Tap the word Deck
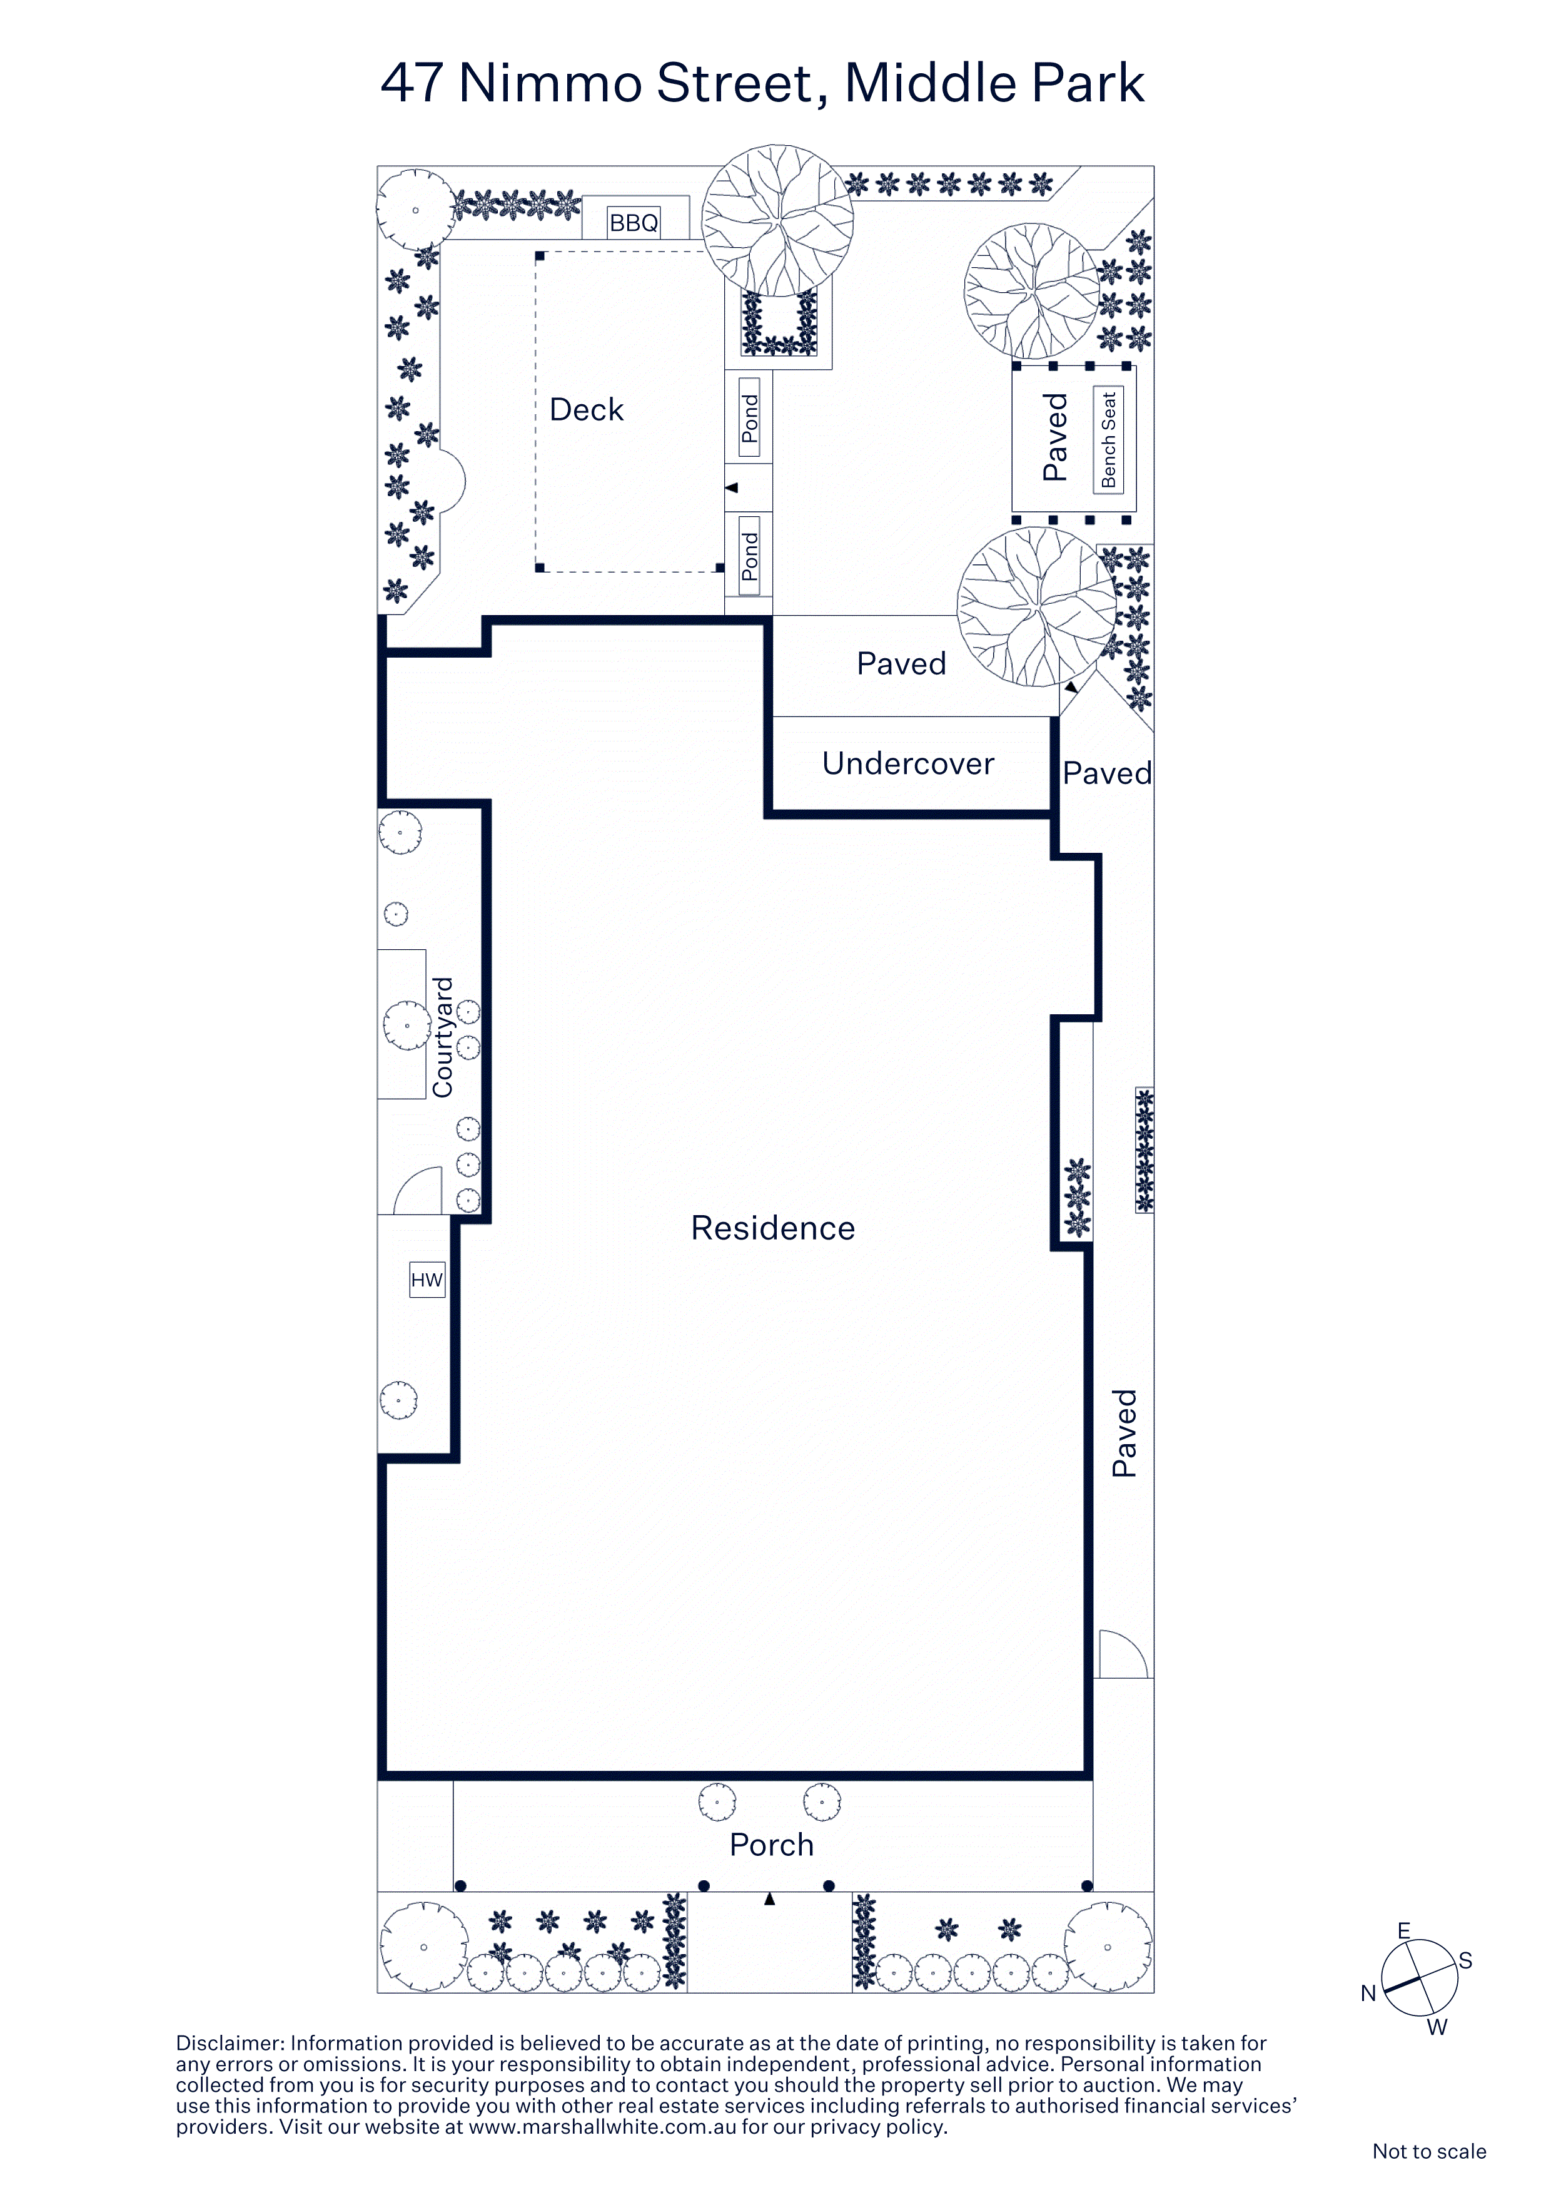[586, 410]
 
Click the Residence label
[773, 1228]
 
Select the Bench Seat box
[1109, 440]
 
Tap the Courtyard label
[442, 1037]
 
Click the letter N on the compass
[1368, 1994]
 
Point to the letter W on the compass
[1437, 2027]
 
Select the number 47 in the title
[412, 83]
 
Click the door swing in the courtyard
[418, 1190]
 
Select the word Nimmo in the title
[550, 83]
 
